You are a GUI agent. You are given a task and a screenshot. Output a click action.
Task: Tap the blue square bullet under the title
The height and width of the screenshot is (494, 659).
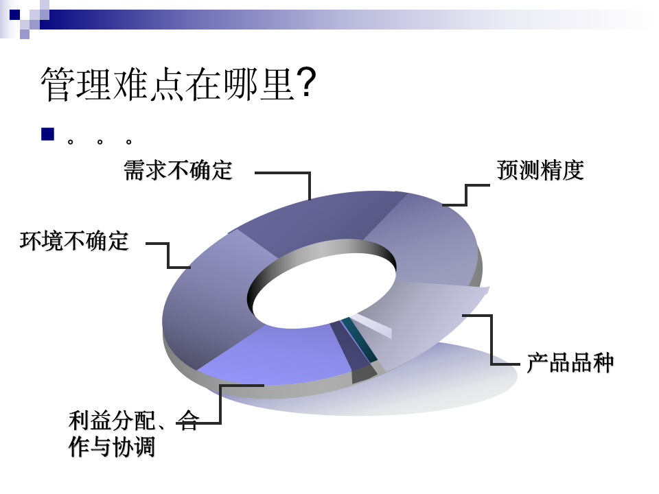(x=47, y=134)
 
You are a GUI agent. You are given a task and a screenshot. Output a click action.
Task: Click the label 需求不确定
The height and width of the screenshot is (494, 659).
(x=178, y=170)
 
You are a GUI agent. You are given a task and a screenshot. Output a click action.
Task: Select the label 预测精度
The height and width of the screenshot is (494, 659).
(x=540, y=170)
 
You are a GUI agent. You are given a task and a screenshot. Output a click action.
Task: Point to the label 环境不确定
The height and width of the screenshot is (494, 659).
(x=74, y=241)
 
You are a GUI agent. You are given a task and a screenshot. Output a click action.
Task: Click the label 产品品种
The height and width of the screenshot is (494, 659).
(x=570, y=362)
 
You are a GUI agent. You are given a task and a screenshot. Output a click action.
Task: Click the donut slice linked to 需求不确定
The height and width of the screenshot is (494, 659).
(x=316, y=220)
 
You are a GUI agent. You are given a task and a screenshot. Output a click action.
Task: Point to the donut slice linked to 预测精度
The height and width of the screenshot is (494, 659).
(x=426, y=240)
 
